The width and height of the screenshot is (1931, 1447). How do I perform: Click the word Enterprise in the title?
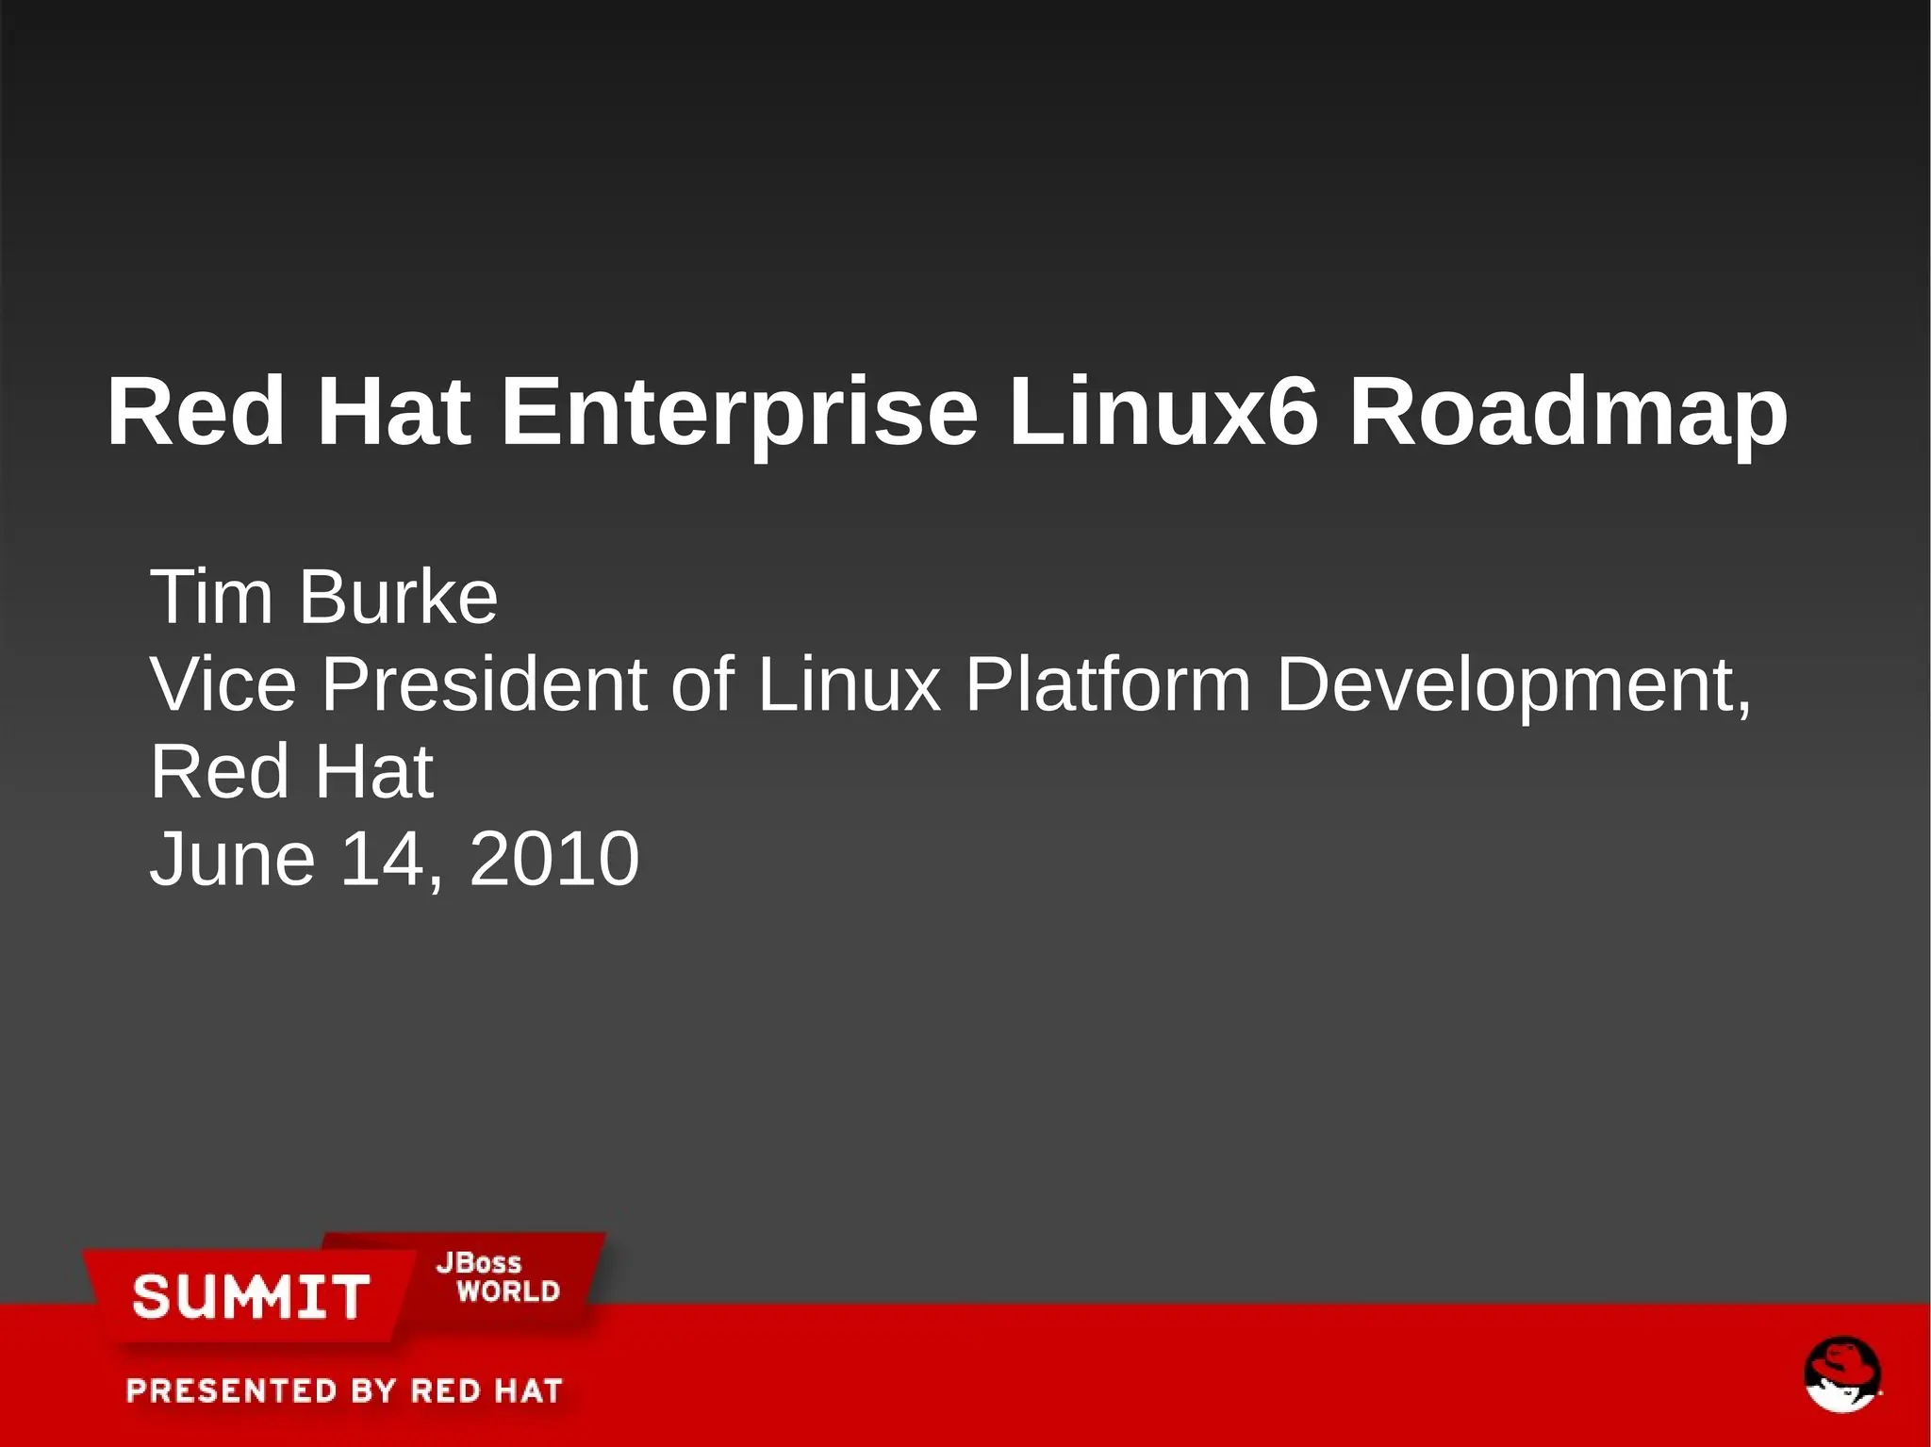point(738,413)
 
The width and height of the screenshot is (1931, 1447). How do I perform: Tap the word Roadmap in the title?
point(1567,413)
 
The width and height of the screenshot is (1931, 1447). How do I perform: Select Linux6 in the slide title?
point(1162,411)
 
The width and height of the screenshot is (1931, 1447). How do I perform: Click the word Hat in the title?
point(393,411)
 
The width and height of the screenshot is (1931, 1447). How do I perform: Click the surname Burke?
point(398,597)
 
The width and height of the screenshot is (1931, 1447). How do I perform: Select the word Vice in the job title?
point(223,683)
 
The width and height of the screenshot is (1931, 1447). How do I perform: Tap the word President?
point(485,683)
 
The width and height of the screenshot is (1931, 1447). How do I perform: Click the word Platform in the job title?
point(1108,683)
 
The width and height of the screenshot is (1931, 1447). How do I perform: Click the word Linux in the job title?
point(850,683)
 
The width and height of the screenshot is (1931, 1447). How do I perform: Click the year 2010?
point(554,859)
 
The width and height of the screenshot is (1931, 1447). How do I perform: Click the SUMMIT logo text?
point(251,1296)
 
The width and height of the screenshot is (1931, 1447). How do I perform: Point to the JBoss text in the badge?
point(479,1263)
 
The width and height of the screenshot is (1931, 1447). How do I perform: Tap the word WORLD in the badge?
point(508,1291)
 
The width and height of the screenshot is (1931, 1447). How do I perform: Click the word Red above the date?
point(219,772)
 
